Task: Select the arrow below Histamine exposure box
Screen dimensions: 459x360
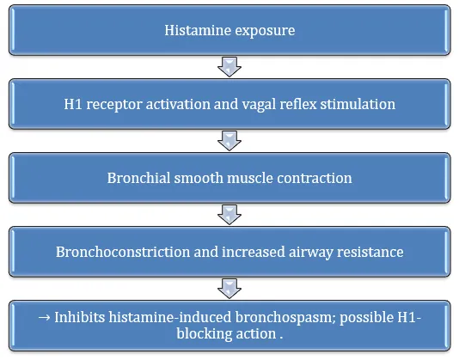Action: click(x=229, y=67)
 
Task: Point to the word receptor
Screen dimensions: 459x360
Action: click(x=114, y=106)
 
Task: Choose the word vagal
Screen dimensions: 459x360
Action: click(x=259, y=106)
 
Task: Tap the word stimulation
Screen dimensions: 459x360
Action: click(x=358, y=104)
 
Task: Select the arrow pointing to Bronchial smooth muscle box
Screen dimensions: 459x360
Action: click(x=229, y=141)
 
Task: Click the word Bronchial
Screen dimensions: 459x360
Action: click(x=138, y=178)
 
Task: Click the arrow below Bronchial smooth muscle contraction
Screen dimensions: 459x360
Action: click(x=229, y=215)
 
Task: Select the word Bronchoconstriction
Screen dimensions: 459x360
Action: click(x=123, y=252)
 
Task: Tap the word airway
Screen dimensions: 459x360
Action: click(x=311, y=253)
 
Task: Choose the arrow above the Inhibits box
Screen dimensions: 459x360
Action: click(x=229, y=289)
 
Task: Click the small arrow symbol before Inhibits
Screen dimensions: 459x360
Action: click(x=44, y=318)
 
